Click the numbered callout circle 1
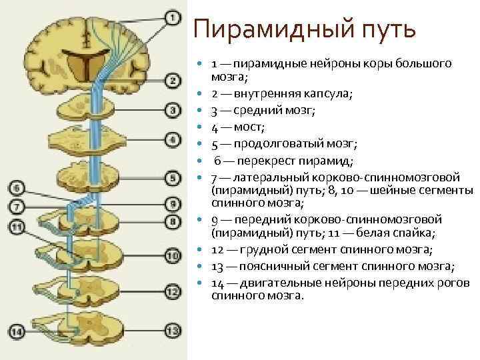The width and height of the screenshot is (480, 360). [172, 18]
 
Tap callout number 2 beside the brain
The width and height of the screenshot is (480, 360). [172, 81]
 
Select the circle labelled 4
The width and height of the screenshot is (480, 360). [172, 140]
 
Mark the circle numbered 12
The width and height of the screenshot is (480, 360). [172, 291]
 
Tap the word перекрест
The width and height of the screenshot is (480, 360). [259, 159]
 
